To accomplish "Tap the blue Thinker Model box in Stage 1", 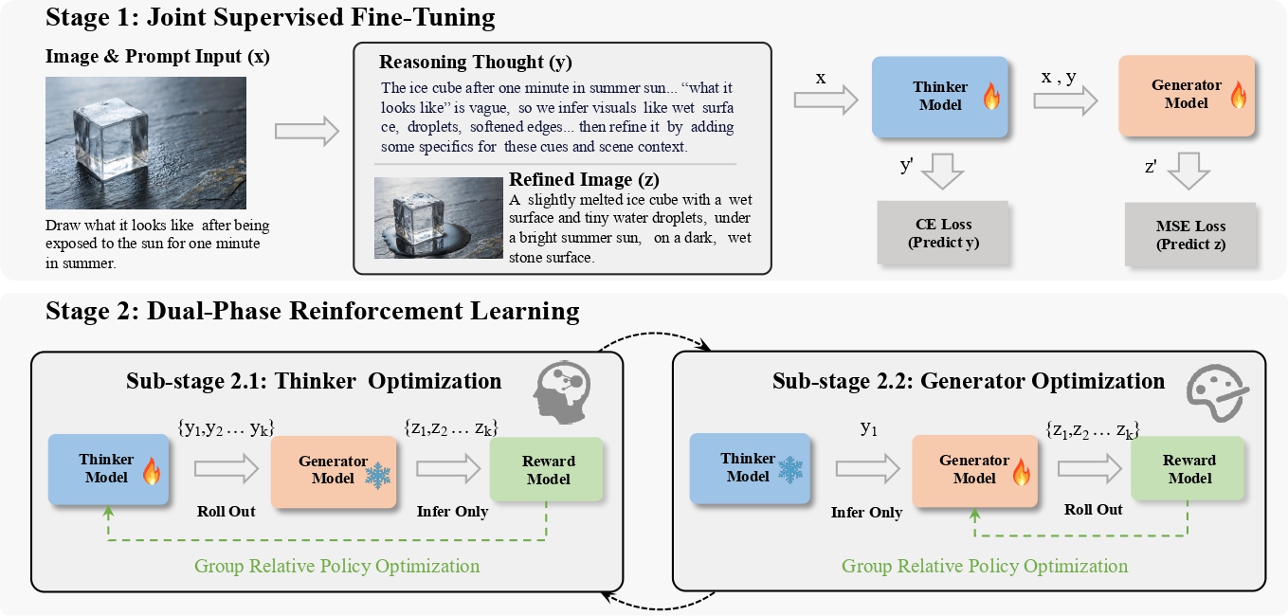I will coord(938,97).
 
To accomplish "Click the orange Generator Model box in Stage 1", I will coord(1187,94).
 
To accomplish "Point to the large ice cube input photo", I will coord(146,143).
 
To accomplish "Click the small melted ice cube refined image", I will coord(437,218).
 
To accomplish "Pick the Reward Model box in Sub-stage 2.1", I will coord(548,469).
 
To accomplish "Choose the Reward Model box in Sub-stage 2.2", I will coord(1189,468).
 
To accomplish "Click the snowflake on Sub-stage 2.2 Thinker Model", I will coord(789,468).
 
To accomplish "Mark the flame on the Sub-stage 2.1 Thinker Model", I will coord(151,471).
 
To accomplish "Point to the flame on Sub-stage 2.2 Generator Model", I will coord(1020,471).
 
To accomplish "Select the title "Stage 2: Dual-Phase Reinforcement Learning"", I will coord(313,311).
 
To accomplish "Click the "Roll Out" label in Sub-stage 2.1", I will coord(227,511).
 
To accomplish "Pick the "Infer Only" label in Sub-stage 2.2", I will coord(866,513).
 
